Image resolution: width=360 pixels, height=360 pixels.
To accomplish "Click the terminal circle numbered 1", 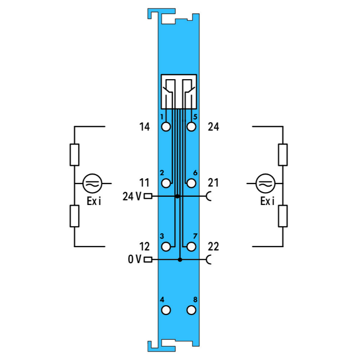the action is (166, 127).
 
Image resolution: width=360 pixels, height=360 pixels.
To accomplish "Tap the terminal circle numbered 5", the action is (191, 127).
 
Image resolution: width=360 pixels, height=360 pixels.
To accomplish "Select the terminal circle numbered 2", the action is (166, 183).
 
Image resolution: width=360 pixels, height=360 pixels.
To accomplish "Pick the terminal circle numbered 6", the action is (191, 183).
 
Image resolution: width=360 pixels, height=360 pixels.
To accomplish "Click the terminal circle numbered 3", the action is (166, 247).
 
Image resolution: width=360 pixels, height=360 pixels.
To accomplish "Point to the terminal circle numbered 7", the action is (191, 247).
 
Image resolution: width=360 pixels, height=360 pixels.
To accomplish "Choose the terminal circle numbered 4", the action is (166, 310).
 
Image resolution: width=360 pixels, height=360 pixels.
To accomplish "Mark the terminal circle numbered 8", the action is (191, 310).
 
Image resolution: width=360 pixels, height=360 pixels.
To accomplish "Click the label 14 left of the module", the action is (144, 127).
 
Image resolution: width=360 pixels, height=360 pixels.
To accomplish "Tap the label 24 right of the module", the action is (214, 127).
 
